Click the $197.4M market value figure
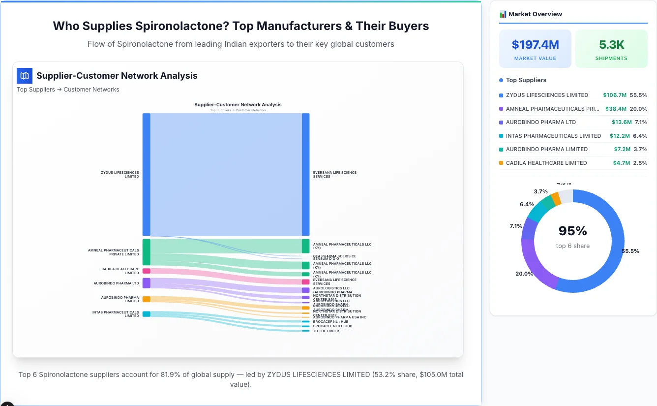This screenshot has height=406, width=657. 535,45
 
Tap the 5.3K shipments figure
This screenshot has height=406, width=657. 611,45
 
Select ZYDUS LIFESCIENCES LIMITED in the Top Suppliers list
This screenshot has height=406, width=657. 546,95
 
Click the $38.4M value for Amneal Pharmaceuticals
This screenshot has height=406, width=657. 617,109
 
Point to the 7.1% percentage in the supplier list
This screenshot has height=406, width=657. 640,122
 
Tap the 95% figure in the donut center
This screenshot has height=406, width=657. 573,231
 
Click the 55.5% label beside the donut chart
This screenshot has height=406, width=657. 630,251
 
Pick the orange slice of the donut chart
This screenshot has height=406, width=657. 556,198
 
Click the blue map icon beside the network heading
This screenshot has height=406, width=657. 24,76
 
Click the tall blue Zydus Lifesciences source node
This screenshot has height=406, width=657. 146,174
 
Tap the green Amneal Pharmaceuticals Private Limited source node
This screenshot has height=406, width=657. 146,252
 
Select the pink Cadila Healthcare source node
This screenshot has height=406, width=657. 146,271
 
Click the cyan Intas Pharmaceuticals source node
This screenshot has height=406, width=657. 146,314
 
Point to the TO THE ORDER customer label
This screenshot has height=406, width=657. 326,331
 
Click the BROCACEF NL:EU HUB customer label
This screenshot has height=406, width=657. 332,326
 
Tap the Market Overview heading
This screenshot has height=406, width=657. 535,14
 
